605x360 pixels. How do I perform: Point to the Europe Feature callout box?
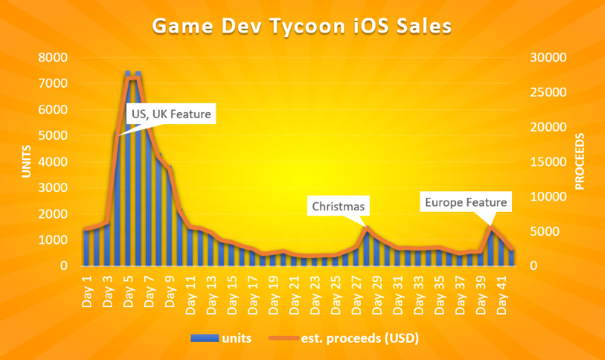[x=466, y=202]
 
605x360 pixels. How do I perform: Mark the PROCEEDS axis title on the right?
[x=580, y=162]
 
